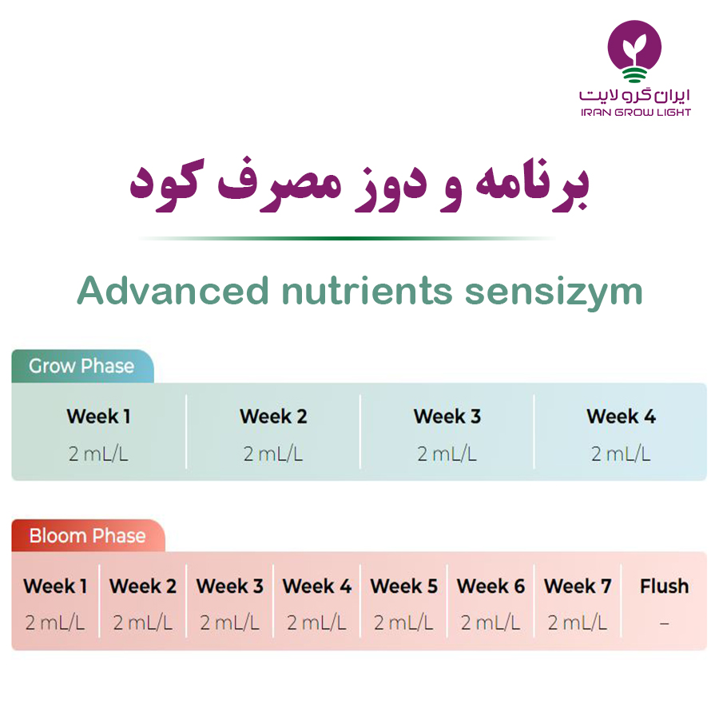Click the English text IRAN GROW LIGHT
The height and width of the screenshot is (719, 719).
[636, 113]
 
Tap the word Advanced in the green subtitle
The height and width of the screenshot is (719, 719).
[173, 290]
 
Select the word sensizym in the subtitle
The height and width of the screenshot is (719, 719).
[554, 293]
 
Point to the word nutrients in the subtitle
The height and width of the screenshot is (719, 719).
[367, 291]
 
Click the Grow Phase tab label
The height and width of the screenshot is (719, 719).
[81, 366]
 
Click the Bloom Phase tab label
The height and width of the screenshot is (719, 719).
[88, 535]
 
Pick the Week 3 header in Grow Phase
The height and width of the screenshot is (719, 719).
[447, 416]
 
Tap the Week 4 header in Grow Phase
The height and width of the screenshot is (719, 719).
[621, 416]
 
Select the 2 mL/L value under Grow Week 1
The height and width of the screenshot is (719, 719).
[98, 454]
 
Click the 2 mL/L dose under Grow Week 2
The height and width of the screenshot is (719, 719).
[273, 454]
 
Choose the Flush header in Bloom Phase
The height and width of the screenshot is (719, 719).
[665, 586]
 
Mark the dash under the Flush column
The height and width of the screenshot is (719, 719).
[665, 624]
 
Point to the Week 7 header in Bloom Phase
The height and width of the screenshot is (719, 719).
[578, 586]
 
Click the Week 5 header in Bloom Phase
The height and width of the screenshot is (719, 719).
[404, 586]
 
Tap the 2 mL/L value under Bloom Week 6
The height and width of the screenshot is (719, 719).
[491, 622]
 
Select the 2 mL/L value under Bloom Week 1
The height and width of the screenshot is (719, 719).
[55, 622]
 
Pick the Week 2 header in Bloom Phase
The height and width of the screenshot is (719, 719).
[143, 586]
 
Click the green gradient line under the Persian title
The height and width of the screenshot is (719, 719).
[348, 238]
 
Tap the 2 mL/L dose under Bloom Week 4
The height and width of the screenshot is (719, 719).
[316, 622]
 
